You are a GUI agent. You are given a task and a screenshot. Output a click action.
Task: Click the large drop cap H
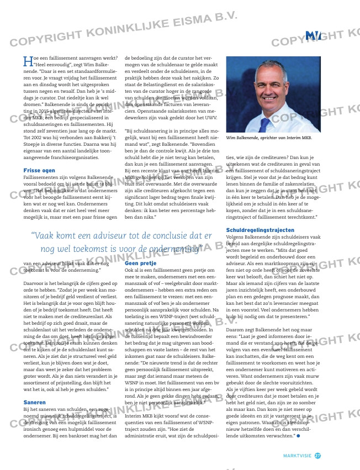[x=27, y=60]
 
